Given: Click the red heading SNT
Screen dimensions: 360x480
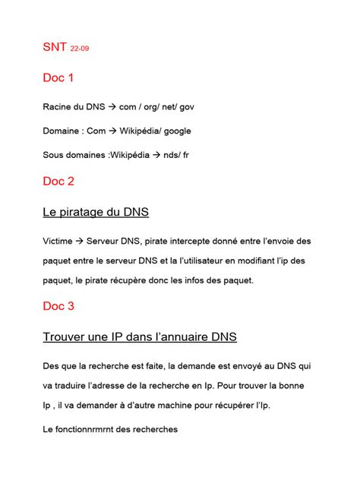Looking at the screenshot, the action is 54,49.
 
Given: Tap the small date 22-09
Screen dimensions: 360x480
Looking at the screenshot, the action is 79,50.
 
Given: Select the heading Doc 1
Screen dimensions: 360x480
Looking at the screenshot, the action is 58,77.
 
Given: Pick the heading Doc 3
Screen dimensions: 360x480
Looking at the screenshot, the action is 58,306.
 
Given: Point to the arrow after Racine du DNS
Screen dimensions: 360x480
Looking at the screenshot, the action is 111,107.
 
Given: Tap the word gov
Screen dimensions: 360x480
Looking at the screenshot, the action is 196,107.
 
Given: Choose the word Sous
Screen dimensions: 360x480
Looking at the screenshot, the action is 55,156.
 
